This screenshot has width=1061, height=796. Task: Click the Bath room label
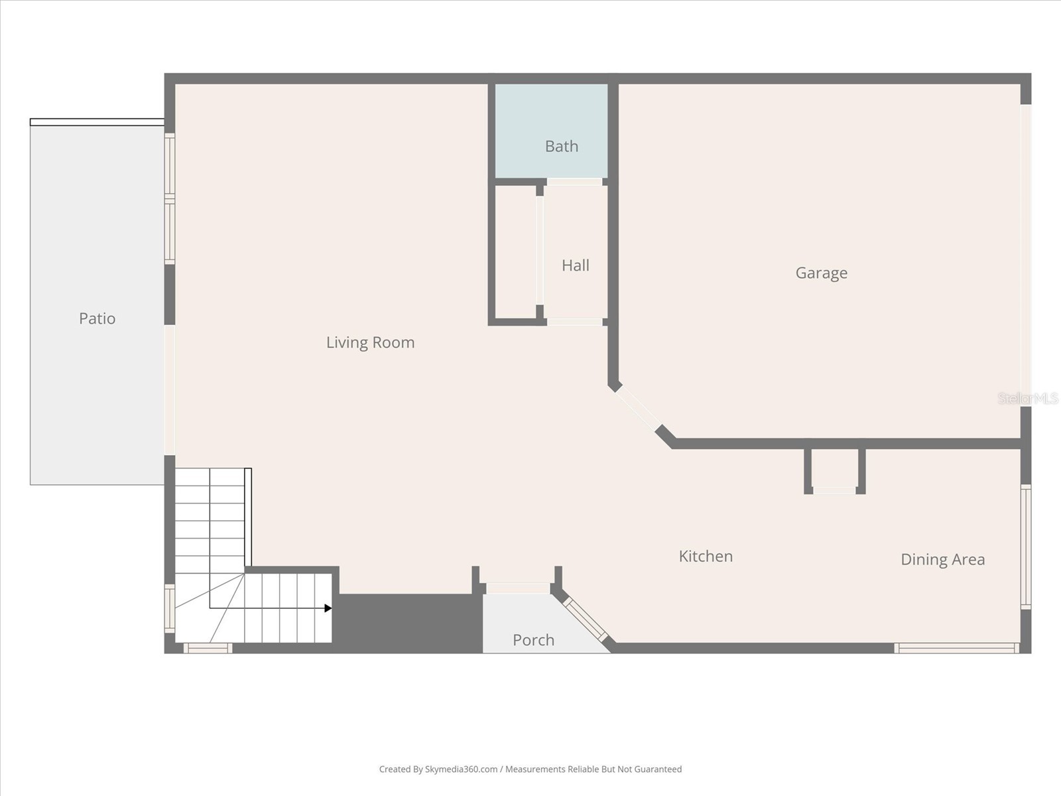(561, 146)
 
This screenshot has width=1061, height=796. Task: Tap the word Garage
(821, 273)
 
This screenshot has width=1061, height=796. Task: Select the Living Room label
(370, 342)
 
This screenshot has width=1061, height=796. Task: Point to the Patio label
(97, 318)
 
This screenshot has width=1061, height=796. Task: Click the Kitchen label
(706, 556)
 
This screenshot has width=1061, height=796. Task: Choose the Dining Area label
(942, 559)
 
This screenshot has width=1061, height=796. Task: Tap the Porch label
(533, 640)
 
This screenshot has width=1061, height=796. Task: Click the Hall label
(575, 265)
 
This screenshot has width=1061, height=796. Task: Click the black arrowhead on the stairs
(328, 608)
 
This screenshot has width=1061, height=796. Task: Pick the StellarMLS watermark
(1027, 399)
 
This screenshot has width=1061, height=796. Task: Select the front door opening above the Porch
(518, 588)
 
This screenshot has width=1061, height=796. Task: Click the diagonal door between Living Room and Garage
(637, 409)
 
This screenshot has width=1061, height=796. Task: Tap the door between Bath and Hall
(574, 182)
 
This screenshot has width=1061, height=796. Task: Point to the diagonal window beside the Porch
(585, 619)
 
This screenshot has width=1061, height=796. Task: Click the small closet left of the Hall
(515, 252)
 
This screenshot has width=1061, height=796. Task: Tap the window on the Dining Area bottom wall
(956, 648)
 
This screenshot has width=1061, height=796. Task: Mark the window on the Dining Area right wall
(1025, 547)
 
